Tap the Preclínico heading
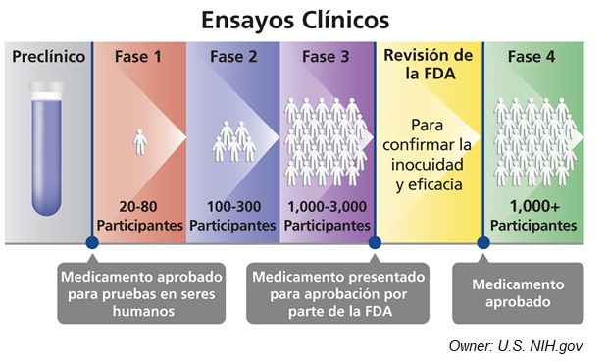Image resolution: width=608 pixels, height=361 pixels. (x=47, y=57)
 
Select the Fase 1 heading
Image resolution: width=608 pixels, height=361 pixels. (x=139, y=57)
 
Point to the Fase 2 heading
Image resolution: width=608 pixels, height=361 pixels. (x=233, y=57)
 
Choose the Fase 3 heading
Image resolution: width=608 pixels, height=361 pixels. (x=326, y=57)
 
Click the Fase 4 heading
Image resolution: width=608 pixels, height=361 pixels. (x=532, y=57)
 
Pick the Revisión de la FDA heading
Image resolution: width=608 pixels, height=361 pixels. (x=430, y=65)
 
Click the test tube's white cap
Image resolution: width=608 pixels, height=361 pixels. (x=47, y=90)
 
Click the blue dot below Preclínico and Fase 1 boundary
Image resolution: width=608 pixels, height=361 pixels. (x=91, y=241)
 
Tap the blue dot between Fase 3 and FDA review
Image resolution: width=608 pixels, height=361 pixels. (x=374, y=241)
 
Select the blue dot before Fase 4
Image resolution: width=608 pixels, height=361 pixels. (x=482, y=241)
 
